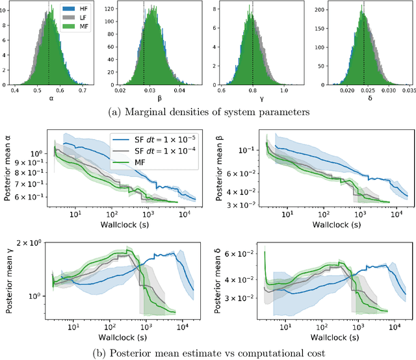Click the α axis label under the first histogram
[x=50, y=99]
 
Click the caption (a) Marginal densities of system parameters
[x=209, y=113]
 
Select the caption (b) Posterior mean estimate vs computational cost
[x=208, y=353]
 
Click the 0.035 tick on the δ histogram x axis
[x=401, y=90]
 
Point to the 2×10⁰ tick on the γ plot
[x=32, y=242]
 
